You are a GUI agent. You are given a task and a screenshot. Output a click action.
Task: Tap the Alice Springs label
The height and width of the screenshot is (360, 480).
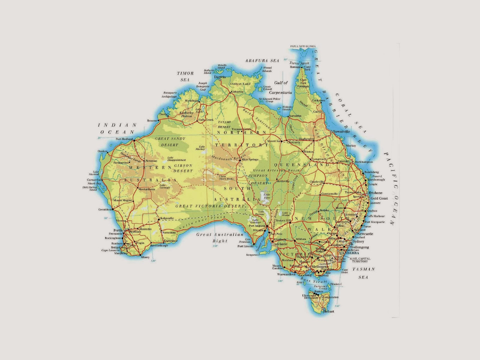(x=250, y=159)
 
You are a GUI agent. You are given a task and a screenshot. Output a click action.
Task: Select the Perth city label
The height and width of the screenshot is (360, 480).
(x=118, y=230)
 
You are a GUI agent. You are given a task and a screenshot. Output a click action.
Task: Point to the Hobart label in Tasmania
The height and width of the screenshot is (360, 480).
(x=328, y=311)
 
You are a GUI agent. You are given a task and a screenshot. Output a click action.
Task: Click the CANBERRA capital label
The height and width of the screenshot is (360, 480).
(x=349, y=253)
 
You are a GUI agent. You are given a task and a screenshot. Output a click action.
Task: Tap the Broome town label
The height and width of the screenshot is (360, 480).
(x=152, y=121)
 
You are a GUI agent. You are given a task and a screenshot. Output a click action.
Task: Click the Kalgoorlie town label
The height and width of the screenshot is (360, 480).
(x=167, y=218)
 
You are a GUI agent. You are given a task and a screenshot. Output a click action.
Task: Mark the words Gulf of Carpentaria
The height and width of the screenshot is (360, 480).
(x=280, y=88)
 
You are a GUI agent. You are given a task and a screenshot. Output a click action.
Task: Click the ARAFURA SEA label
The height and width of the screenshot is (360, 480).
(x=262, y=61)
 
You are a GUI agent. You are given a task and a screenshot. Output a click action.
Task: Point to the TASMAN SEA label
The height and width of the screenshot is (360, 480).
(x=363, y=273)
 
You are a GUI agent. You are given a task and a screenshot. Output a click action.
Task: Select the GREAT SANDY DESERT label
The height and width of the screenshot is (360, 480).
(x=170, y=142)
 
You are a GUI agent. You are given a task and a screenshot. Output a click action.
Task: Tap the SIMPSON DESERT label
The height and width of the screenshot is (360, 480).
(x=258, y=179)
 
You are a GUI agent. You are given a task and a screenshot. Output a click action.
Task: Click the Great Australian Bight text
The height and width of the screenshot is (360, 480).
(x=220, y=238)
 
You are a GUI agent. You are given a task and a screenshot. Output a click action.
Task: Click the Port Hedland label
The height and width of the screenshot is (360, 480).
(x=124, y=139)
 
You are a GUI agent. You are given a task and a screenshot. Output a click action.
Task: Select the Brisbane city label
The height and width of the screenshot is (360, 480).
(x=376, y=193)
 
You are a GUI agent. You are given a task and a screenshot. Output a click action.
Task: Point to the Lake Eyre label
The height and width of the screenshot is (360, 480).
(x=267, y=196)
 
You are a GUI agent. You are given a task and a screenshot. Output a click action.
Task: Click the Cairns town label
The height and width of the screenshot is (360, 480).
(x=317, y=112)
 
